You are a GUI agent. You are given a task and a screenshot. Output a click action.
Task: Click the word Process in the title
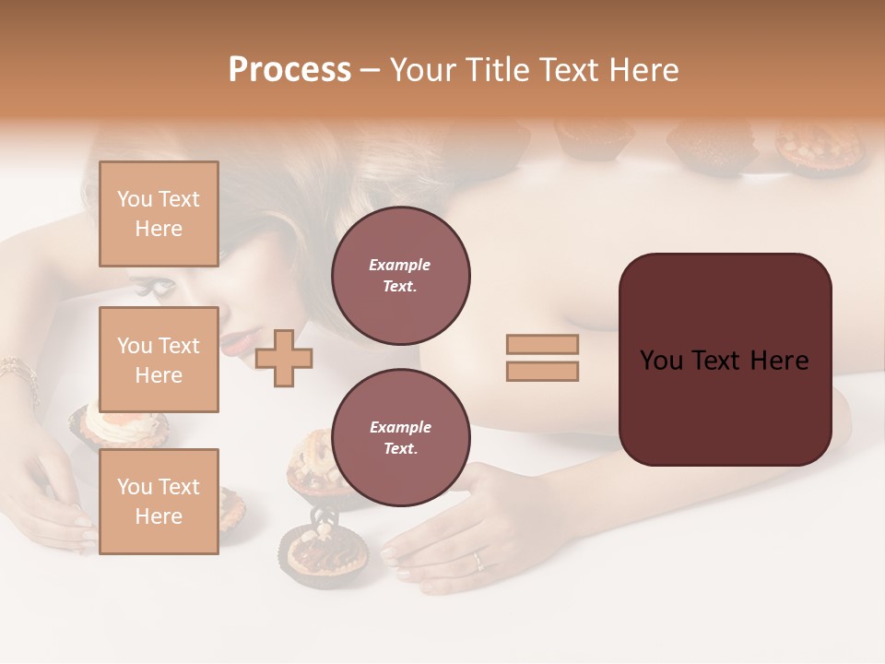(289, 70)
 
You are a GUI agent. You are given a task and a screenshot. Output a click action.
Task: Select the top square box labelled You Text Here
(159, 214)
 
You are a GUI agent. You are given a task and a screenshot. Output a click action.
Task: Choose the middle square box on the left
(159, 360)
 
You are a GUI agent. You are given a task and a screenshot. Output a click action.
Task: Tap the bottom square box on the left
(159, 501)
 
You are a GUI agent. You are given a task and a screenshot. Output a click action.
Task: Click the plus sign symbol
(284, 358)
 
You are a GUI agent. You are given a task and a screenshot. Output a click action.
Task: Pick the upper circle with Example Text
(400, 276)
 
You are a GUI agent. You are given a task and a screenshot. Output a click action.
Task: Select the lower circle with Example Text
(400, 438)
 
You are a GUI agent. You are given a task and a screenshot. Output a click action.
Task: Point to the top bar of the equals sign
(542, 345)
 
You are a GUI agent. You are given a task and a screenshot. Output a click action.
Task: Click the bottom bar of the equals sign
(542, 371)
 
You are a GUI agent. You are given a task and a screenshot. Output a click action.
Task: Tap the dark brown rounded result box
(725, 360)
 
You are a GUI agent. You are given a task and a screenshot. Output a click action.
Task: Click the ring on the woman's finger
(477, 559)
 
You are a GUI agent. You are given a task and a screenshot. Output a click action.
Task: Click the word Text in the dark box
(724, 361)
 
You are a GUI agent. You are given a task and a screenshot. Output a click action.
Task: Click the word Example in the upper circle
(400, 265)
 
